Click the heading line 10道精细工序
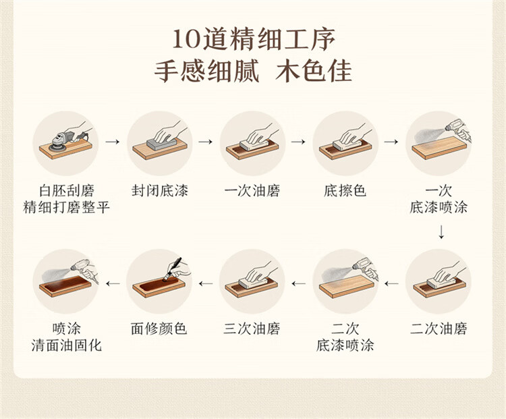pos(253,39)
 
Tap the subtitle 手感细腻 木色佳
pos(253,71)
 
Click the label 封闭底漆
pos(160,190)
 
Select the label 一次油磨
pos(252,190)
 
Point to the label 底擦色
pos(345,190)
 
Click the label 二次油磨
pos(439,329)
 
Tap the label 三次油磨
pos(252,329)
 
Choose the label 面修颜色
pos(159,329)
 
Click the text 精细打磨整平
pos(67,207)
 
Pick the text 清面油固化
pos(67,345)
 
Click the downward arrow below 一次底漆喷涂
pos(441,232)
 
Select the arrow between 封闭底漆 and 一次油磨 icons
pos(206,142)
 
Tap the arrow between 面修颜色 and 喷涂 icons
pos(113,283)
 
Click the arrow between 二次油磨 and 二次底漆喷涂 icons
pos(391,283)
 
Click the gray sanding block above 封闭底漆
pos(161,144)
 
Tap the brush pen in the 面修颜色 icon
pos(173,269)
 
